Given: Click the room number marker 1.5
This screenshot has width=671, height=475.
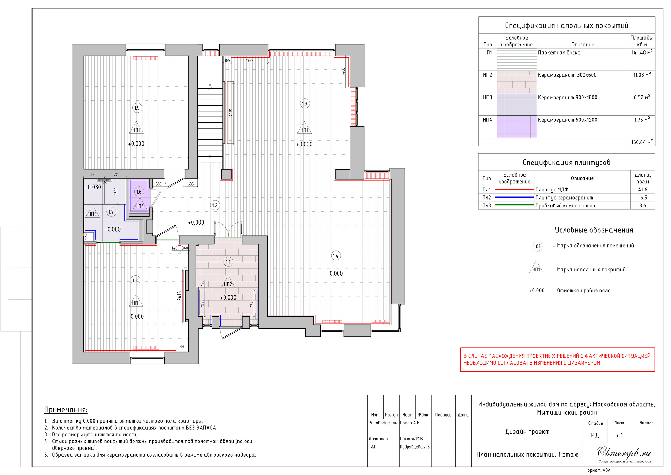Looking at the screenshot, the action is pyautogui.click(x=137, y=108).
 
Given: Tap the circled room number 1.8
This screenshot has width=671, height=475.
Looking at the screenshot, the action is pyautogui.click(x=135, y=280).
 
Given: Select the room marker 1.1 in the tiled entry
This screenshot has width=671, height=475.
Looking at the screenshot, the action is pyautogui.click(x=228, y=262).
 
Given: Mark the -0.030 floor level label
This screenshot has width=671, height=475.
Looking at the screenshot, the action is pyautogui.click(x=93, y=187).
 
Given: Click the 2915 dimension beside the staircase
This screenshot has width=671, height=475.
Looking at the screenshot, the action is pyautogui.click(x=231, y=113).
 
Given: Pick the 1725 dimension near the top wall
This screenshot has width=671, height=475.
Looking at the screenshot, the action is pyautogui.click(x=250, y=61).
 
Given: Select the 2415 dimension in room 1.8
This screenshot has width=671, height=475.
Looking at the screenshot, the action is pyautogui.click(x=180, y=296).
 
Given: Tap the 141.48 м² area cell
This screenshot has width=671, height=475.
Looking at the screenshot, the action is pyautogui.click(x=642, y=52).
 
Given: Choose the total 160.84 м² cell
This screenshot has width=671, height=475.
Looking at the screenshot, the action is pyautogui.click(x=642, y=142).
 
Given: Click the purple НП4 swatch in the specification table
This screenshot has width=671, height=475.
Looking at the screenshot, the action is pyautogui.click(x=517, y=127).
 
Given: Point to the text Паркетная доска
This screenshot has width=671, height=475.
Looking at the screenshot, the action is pyautogui.click(x=559, y=53).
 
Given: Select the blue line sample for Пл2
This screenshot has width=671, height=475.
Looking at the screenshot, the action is pyautogui.click(x=514, y=198).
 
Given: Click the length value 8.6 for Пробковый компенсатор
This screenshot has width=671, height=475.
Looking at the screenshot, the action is pyautogui.click(x=642, y=206).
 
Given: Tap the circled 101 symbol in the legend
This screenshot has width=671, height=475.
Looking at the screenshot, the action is pyautogui.click(x=537, y=246).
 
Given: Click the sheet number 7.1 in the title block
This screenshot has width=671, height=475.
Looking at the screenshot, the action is pyautogui.click(x=619, y=435).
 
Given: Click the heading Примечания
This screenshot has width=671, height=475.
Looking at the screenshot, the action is pyautogui.click(x=66, y=410).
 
